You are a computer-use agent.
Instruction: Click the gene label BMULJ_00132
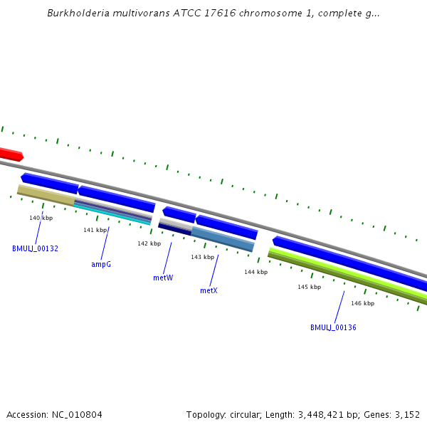click(x=35, y=248)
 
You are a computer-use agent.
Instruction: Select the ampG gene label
click(x=101, y=264)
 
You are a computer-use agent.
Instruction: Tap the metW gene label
click(x=163, y=278)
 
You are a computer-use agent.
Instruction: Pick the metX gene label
click(x=209, y=290)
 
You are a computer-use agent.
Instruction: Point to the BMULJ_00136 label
click(x=333, y=327)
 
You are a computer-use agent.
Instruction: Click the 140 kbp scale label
click(x=41, y=218)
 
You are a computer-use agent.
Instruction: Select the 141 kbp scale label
click(x=95, y=230)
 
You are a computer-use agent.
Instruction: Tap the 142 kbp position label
click(x=149, y=243)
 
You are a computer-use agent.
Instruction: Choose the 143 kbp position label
click(x=202, y=257)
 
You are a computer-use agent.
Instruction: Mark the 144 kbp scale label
click(x=255, y=272)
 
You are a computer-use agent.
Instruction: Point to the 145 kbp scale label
click(x=309, y=287)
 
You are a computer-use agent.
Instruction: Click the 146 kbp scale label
click(x=362, y=303)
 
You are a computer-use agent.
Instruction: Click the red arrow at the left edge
click(x=11, y=154)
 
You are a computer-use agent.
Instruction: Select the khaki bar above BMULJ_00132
click(x=45, y=195)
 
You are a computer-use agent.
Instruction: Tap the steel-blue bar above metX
click(x=222, y=238)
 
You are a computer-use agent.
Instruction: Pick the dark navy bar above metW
click(x=175, y=228)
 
